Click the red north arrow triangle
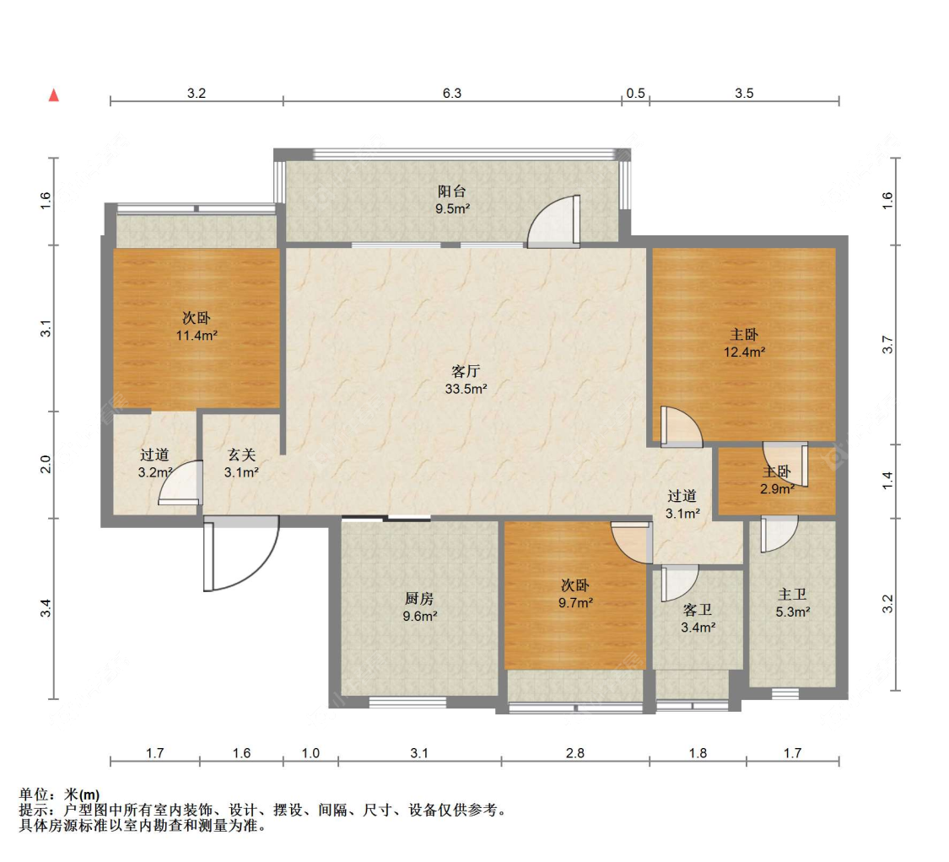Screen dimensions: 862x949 pyautogui.click(x=54, y=94)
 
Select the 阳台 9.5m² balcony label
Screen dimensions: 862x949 pyautogui.click(x=452, y=200)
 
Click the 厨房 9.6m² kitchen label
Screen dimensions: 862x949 pyautogui.click(x=418, y=606)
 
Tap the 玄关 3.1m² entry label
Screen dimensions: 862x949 pyautogui.click(x=241, y=463)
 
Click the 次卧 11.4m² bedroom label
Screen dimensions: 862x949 pyautogui.click(x=197, y=326)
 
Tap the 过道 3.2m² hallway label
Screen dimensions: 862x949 pyautogui.click(x=155, y=463)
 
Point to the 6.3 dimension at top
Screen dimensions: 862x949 pyautogui.click(x=452, y=94)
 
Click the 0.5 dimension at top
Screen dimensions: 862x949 pyautogui.click(x=635, y=94)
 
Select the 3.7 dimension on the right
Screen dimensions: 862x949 pyautogui.click(x=887, y=344)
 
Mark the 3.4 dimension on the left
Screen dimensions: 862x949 pyautogui.click(x=47, y=607)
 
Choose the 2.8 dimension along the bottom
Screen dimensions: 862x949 pyautogui.click(x=574, y=753)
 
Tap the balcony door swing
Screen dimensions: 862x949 pyautogui.click(x=554, y=222)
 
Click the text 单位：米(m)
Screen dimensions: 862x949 pyautogui.click(x=60, y=795)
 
